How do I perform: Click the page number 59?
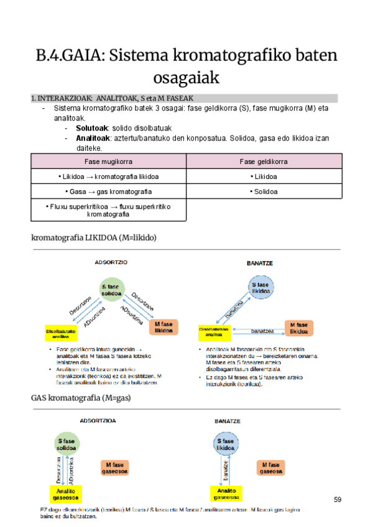pos(338,500)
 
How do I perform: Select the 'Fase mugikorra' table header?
pos(109,161)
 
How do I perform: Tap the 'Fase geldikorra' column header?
pos(264,161)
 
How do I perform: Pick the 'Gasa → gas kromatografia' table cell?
pos(109,191)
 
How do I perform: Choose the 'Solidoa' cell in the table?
pos(264,191)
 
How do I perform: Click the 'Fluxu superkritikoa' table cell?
pos(109,210)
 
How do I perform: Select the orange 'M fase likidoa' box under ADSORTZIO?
pos(163,328)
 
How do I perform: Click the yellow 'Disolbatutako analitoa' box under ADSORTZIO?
pos(61,333)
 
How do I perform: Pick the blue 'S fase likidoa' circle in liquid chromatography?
pos(262,287)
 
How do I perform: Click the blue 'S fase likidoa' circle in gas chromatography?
pos(224,444)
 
